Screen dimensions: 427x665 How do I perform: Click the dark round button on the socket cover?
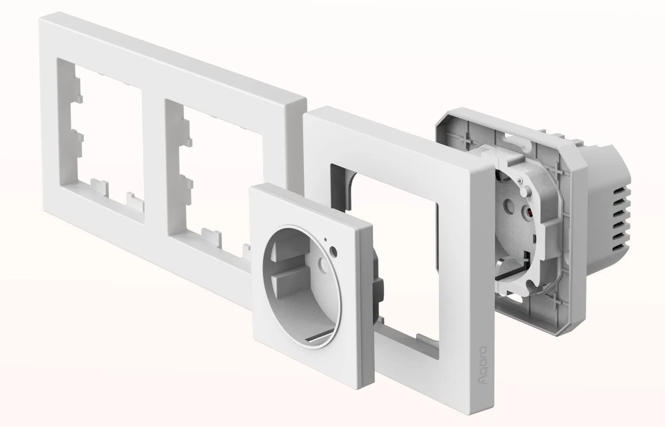click(x=333, y=250)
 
